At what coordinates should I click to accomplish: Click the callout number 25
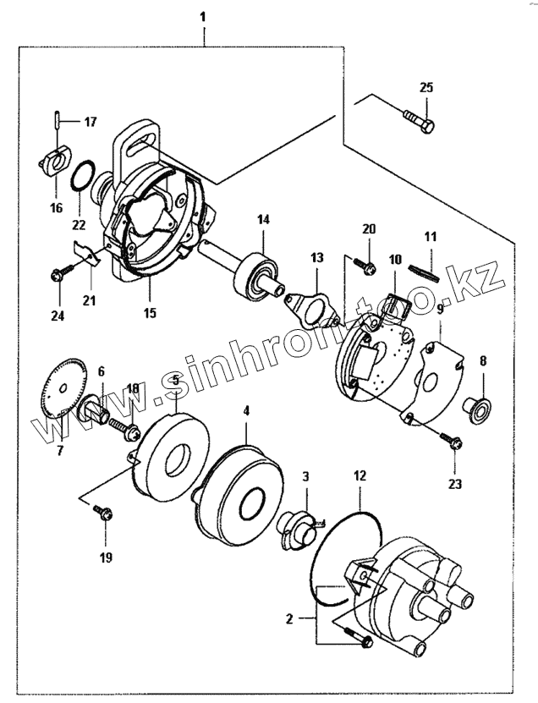point(425,88)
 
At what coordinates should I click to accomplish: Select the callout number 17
point(90,122)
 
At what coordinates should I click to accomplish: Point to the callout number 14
point(263,220)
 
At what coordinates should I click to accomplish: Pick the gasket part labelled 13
point(312,301)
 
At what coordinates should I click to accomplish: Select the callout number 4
point(246,411)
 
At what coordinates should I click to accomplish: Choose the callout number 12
point(360,476)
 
